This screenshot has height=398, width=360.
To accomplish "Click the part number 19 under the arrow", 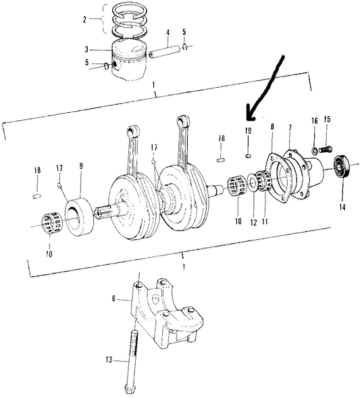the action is click(x=248, y=130).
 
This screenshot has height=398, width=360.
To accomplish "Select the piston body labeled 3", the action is click(x=130, y=60).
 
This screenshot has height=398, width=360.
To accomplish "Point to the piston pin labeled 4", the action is click(x=165, y=51).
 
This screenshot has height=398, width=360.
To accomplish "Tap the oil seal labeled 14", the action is click(x=342, y=166).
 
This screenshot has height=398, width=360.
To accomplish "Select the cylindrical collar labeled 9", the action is click(x=79, y=216).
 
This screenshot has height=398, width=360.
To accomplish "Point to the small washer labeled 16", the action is click(x=314, y=151).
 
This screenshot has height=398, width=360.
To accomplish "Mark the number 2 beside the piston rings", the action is click(x=84, y=20).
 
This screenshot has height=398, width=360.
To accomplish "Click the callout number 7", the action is click(x=290, y=128).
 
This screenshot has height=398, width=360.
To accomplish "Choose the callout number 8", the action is click(x=272, y=126).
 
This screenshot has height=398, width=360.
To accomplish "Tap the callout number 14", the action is click(x=342, y=207).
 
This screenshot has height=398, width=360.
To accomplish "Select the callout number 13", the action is click(x=109, y=359).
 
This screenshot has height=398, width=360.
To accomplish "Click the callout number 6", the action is click(x=113, y=299).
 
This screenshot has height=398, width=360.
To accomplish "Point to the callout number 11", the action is click(x=265, y=222).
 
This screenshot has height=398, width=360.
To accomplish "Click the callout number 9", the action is click(x=81, y=166).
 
